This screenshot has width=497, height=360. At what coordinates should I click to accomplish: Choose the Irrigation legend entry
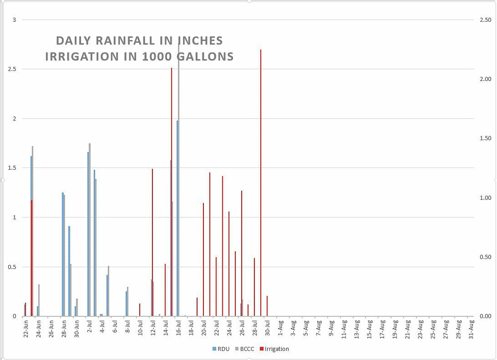(274, 349)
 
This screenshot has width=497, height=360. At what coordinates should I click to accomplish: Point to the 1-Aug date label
(280, 329)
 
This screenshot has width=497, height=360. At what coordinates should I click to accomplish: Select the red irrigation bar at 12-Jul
(152, 243)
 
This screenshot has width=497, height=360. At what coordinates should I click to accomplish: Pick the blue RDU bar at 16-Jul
(178, 218)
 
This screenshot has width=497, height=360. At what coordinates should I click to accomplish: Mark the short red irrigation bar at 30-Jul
(267, 306)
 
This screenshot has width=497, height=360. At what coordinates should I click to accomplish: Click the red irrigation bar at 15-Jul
(171, 146)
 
